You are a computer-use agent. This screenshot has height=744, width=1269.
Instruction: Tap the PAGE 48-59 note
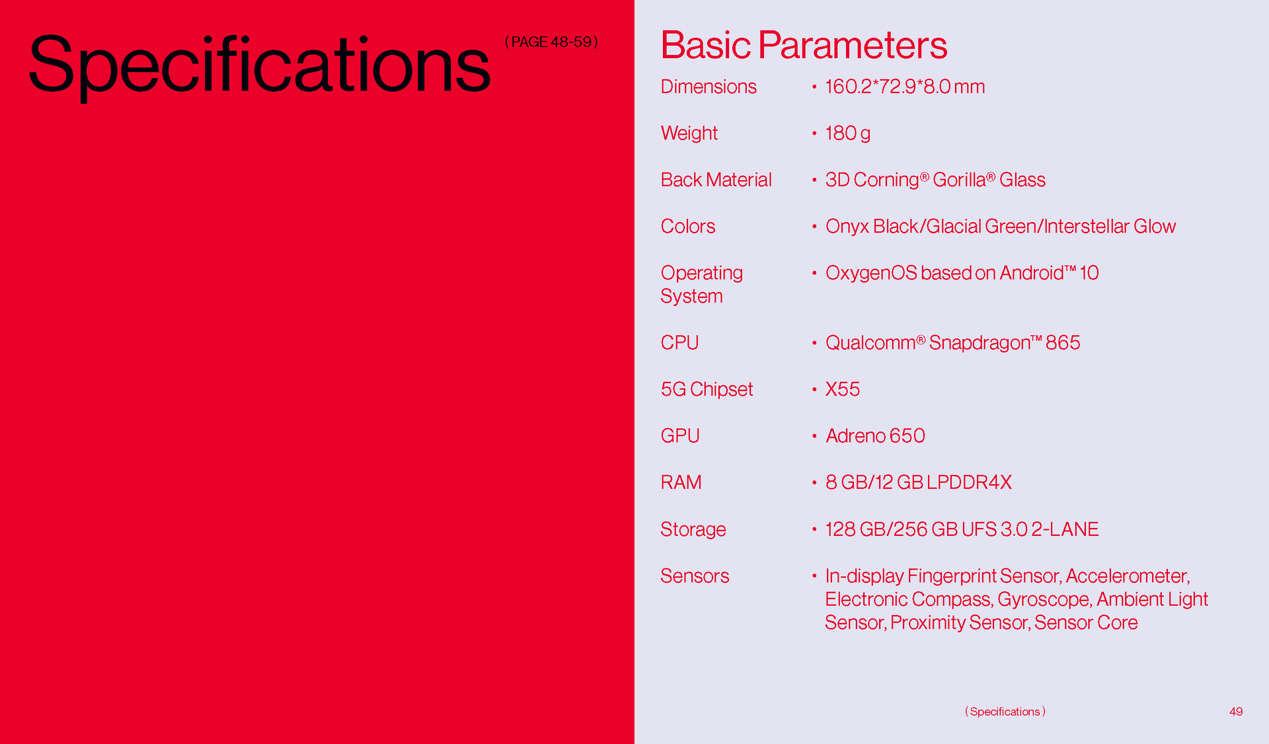point(551,42)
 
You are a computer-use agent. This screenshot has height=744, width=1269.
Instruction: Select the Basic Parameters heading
point(804,46)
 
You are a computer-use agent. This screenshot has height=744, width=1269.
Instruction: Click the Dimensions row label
point(709,87)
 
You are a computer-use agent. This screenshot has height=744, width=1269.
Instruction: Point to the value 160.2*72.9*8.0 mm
point(905,87)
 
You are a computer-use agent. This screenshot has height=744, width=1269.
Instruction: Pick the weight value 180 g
point(847,133)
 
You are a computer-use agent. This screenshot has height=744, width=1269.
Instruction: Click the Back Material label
point(716,180)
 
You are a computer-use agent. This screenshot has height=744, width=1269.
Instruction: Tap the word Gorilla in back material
point(959,180)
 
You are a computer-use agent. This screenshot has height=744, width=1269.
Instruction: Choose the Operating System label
point(701,285)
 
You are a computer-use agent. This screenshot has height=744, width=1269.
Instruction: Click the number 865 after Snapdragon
point(1063,343)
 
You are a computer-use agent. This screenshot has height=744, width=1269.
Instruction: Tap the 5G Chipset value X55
point(843,389)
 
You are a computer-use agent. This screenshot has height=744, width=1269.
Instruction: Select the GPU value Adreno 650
point(875,436)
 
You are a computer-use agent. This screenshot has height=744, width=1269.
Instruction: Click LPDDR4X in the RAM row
point(969,482)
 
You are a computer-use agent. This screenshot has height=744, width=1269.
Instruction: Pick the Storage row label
point(693,529)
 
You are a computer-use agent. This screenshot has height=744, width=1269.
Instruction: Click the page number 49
point(1236,712)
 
